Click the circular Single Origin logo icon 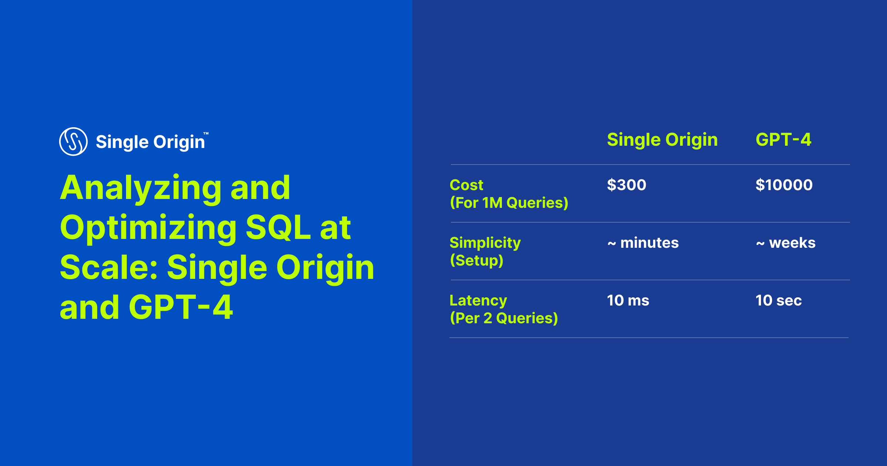73,142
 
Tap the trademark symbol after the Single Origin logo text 206,134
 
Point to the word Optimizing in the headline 148,228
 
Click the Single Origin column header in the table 662,140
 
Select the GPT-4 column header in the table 783,140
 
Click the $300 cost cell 626,185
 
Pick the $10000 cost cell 784,185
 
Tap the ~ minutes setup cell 643,243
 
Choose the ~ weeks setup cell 786,243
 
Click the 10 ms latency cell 628,300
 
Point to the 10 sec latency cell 778,300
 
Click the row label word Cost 466,185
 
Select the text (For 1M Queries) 509,203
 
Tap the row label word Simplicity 485,243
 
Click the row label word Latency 478,300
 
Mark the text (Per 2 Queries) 504,318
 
